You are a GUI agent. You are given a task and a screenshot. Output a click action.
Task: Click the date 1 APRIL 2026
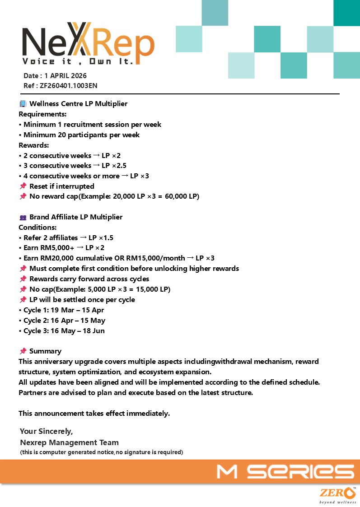pos(65,76)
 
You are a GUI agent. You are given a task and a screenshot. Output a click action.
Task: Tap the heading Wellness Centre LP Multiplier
pos(78,104)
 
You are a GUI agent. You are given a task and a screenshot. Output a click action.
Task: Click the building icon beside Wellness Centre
pos(23,104)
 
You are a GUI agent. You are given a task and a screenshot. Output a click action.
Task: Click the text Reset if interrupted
pos(62,186)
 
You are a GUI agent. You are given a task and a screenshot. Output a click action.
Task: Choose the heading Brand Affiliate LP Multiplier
pos(76,217)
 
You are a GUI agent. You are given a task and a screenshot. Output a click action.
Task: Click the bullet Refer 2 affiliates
pos(51,237)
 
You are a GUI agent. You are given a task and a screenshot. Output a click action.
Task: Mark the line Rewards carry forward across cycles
pos(89,279)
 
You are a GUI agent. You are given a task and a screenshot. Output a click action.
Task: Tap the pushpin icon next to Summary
pos(23,351)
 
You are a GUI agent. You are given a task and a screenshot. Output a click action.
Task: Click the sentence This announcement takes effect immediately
pos(94,414)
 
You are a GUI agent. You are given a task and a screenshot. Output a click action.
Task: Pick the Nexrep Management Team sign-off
pos(69,442)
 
